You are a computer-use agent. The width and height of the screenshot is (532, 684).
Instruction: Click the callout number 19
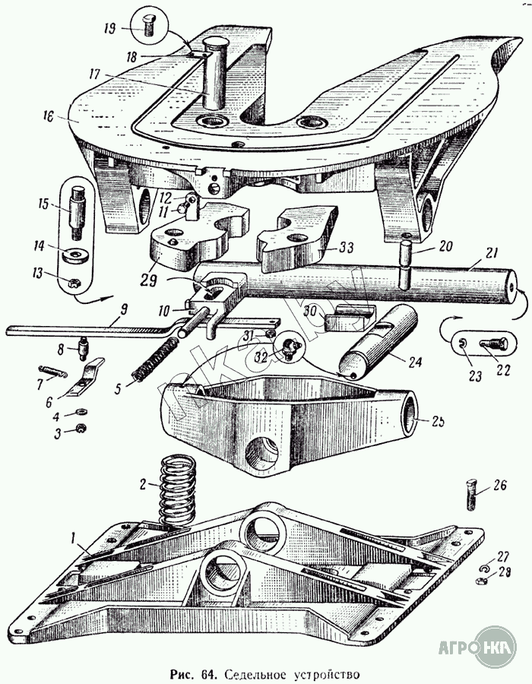(109, 29)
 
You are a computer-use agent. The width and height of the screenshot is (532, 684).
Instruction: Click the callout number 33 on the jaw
(347, 247)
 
